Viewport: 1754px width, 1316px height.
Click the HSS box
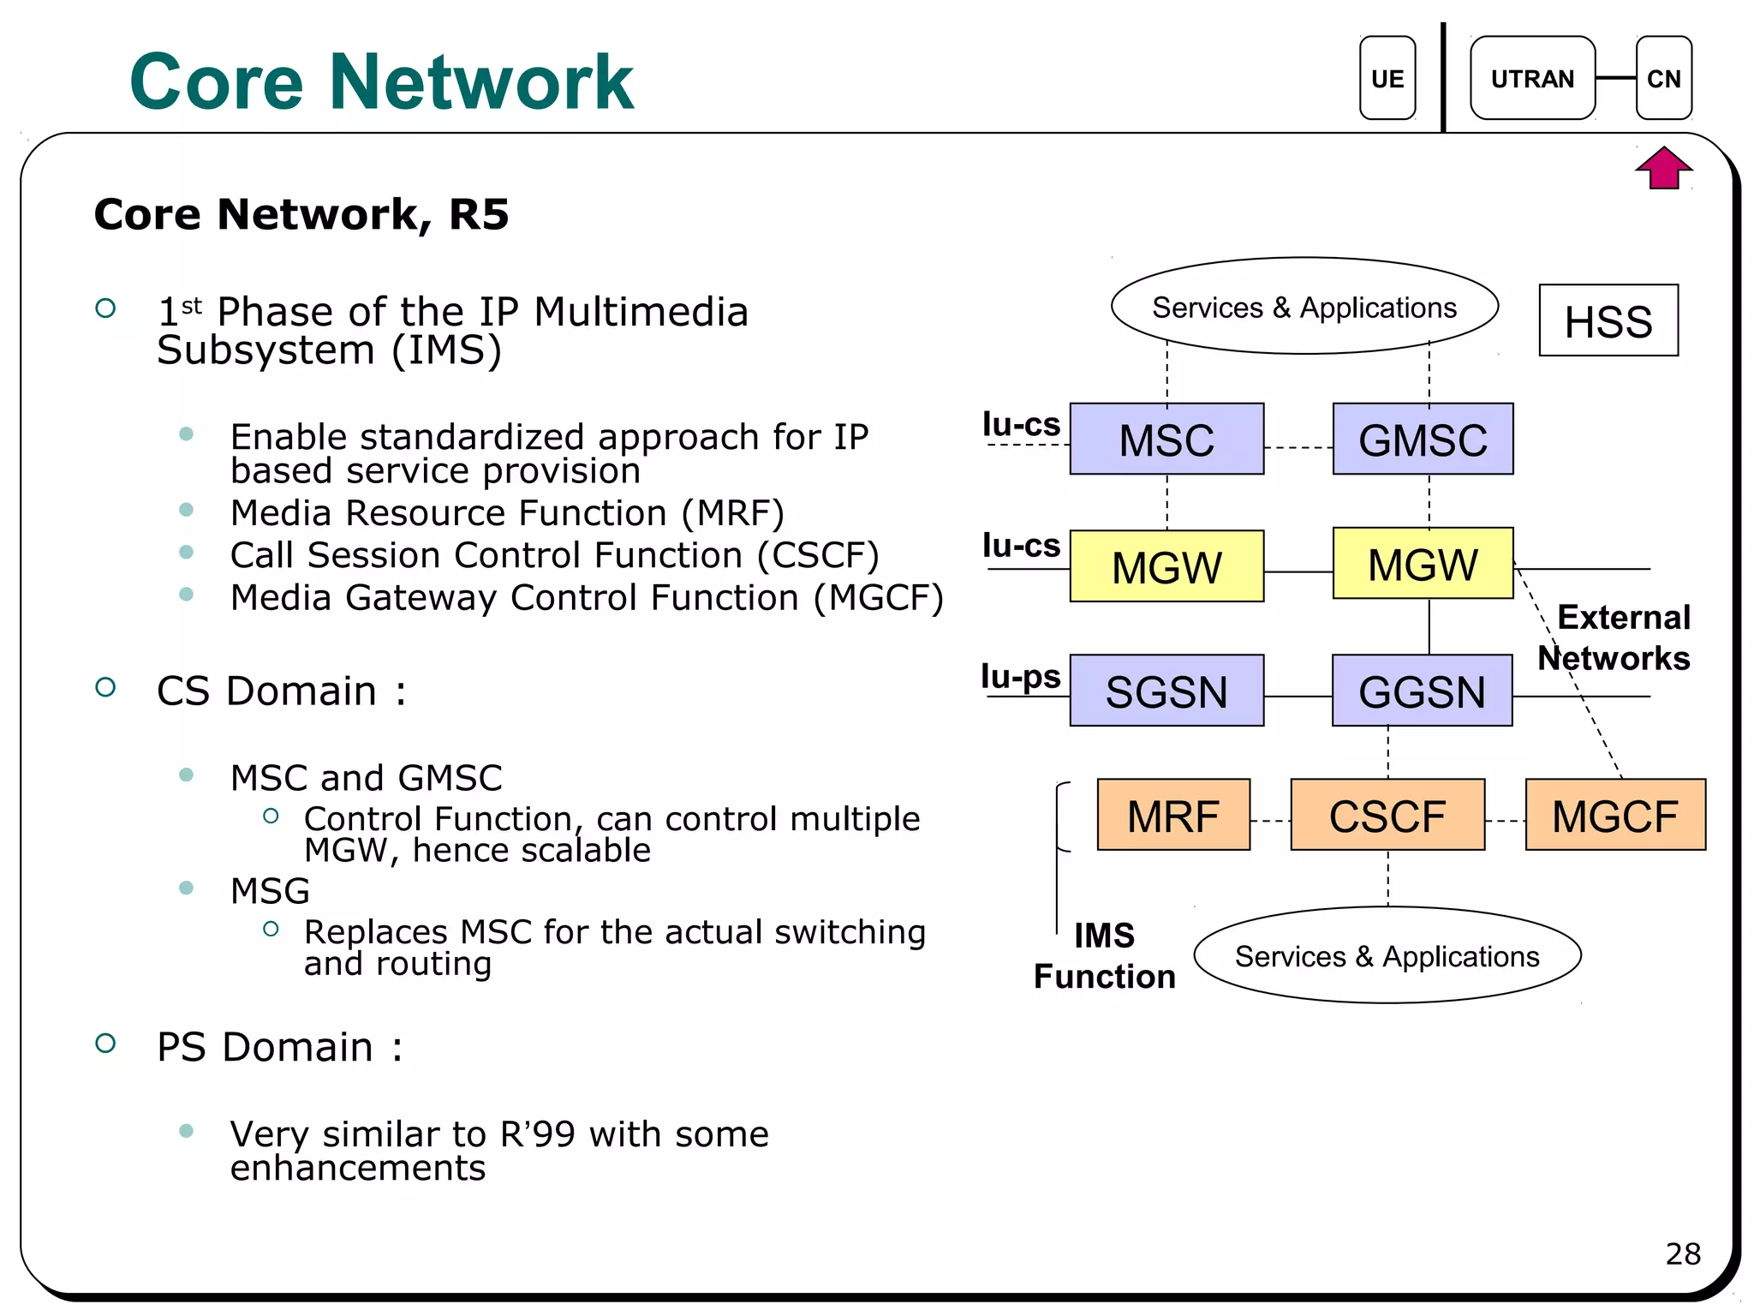pos(1608,320)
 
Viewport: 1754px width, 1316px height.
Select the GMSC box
pos(1423,439)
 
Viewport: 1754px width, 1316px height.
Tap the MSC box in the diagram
pos(1166,439)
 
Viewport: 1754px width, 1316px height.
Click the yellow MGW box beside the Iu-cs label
pos(1166,566)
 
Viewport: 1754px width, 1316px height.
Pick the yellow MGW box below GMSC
pos(1423,564)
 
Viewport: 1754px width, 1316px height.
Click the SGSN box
pos(1166,691)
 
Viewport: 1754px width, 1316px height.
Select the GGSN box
pos(1422,691)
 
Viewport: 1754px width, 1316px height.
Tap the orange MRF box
pos(1173,815)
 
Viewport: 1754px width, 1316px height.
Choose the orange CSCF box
pos(1387,815)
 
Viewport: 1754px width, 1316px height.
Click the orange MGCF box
pos(1615,815)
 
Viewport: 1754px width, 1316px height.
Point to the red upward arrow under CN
pos(1663,168)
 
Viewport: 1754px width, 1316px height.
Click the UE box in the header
pos(1387,78)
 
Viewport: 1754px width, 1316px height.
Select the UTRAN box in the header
pos(1532,78)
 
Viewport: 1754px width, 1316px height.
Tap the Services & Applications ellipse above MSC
pos(1304,306)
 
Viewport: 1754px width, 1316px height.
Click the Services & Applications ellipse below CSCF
pos(1387,955)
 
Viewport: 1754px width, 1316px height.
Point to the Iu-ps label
pos(1020,676)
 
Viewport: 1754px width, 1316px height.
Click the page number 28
pos(1682,1253)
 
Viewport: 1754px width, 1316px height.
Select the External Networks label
pos(1615,637)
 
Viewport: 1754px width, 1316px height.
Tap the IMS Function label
pos(1104,956)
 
